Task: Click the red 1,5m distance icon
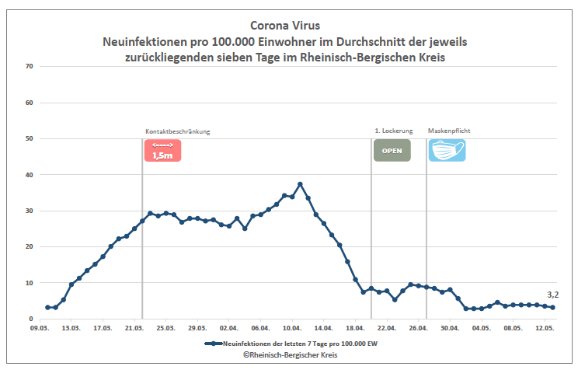pyautogui.click(x=162, y=150)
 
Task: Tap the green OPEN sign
pyautogui.click(x=392, y=150)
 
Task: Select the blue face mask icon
pyautogui.click(x=447, y=150)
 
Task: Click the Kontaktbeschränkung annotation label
pyautogui.click(x=178, y=131)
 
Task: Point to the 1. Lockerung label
pyautogui.click(x=394, y=131)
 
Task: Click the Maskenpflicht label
pyautogui.click(x=450, y=131)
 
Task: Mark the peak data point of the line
pyautogui.click(x=300, y=184)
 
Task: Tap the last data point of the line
pyautogui.click(x=552, y=307)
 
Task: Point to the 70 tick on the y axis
pyautogui.click(x=29, y=66)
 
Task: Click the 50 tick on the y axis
pyautogui.click(x=29, y=138)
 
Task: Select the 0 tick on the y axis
pyautogui.click(x=31, y=319)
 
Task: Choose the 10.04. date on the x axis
pyautogui.click(x=291, y=329)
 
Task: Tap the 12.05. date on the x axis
pyautogui.click(x=544, y=329)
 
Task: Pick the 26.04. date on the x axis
pyautogui.click(x=418, y=329)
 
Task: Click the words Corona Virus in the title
pyautogui.click(x=289, y=26)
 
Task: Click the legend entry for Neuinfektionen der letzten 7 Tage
pyautogui.click(x=294, y=343)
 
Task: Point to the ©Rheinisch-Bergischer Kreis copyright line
pyautogui.click(x=289, y=354)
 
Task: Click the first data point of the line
pyautogui.click(x=47, y=307)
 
